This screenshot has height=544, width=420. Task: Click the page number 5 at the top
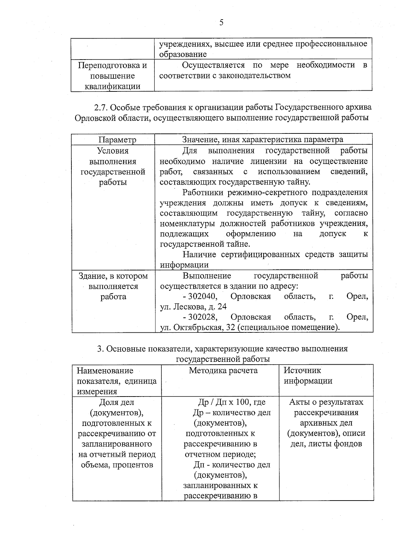coord(221,23)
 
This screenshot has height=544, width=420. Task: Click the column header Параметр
coord(117,140)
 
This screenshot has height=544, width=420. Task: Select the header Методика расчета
coord(223,371)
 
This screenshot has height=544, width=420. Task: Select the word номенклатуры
coord(188,223)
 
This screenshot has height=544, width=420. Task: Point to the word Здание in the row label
coord(91,276)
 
